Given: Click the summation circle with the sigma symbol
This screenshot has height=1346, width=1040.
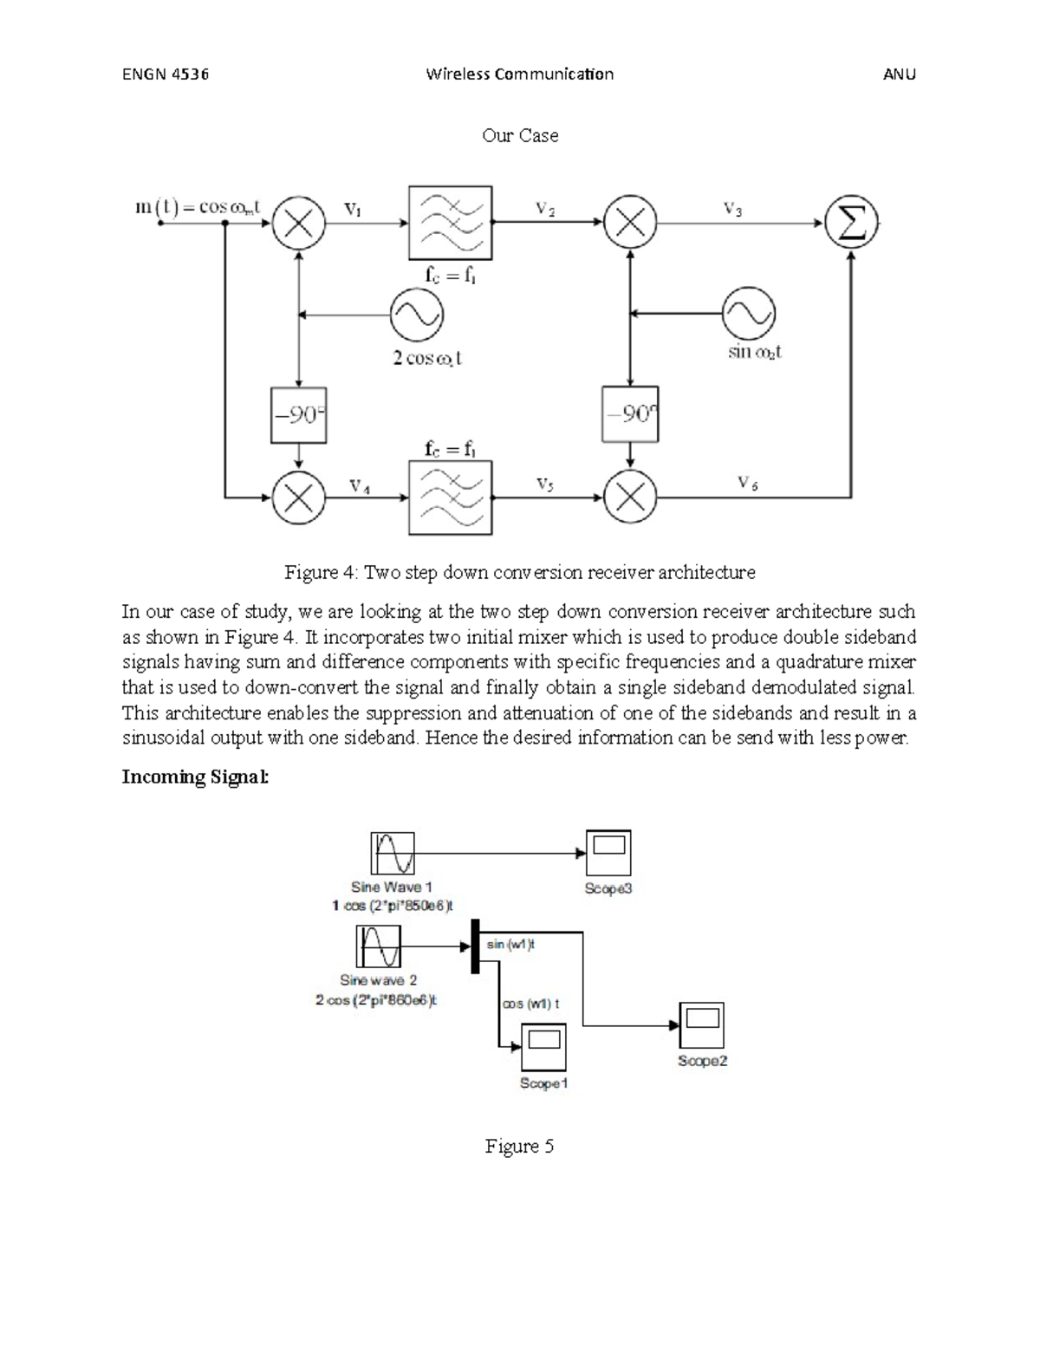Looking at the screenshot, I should (851, 223).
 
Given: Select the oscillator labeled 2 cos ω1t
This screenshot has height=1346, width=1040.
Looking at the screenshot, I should (416, 315).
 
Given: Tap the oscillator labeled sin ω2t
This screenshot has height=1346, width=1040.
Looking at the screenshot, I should (750, 314).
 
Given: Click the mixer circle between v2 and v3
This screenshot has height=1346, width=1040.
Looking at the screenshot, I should (630, 223).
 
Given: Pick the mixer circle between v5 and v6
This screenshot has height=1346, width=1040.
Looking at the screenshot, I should (630, 497).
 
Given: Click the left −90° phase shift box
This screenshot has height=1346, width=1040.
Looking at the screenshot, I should (298, 415).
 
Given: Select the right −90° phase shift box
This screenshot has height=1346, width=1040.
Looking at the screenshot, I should (630, 414).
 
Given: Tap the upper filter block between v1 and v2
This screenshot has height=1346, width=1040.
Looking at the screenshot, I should (451, 223).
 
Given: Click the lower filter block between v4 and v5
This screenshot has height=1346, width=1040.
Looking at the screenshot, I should (451, 497).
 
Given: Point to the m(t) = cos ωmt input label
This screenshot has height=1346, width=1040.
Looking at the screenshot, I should (198, 207).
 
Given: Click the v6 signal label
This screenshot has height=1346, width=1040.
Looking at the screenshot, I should (747, 483).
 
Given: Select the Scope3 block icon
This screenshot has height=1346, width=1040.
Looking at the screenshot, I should (608, 853).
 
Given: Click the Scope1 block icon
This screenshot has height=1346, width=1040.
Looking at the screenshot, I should (543, 1047).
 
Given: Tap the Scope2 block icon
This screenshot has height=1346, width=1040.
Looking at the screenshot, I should (701, 1025).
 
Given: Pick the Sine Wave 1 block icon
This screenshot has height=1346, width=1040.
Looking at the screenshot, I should (393, 853).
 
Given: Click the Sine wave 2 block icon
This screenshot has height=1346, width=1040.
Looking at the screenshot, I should (378, 946).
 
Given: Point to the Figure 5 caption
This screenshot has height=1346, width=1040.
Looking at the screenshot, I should (519, 1147).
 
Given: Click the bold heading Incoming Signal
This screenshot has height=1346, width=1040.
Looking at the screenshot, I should (196, 777).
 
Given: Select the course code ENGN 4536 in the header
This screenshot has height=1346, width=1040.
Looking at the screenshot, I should (166, 74).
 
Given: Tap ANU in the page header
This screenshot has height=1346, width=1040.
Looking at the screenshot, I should (899, 74).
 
